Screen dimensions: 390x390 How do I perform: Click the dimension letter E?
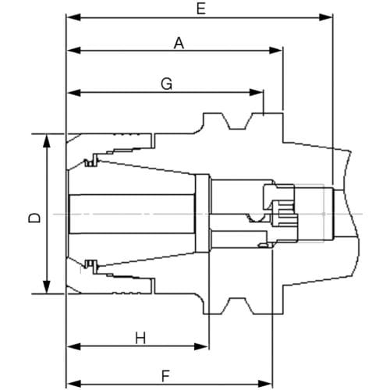(x=201, y=9)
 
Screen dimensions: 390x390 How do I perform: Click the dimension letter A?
(x=179, y=43)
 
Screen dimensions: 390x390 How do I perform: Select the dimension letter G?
(x=166, y=84)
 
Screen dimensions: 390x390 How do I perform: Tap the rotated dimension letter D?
(x=34, y=218)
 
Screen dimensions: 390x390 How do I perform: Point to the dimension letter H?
(x=140, y=339)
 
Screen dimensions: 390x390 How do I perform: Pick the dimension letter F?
(x=165, y=376)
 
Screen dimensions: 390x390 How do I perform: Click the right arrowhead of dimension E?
(x=325, y=17)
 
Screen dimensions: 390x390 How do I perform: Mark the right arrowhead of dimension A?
(x=275, y=51)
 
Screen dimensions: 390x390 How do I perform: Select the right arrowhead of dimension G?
(x=256, y=92)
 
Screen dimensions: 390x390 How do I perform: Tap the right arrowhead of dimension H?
(x=201, y=346)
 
